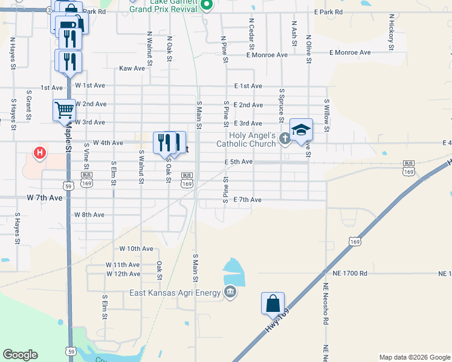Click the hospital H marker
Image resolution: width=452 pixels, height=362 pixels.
(40, 153)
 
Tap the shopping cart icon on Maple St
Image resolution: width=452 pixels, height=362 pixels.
(64, 110)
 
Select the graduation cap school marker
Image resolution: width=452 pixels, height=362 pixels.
(301, 129)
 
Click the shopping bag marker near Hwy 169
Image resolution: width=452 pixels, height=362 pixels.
(273, 303)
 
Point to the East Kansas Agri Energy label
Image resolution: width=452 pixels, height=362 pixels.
(175, 293)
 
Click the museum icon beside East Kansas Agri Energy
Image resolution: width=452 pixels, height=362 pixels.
(230, 293)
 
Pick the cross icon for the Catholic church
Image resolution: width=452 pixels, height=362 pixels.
(285, 140)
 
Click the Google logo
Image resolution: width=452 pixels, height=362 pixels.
(20, 355)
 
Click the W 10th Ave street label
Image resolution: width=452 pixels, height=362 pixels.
(137, 249)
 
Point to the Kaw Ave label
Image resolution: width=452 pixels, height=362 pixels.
(132, 68)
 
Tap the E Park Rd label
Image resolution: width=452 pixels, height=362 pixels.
(328, 12)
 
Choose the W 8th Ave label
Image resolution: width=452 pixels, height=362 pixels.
(89, 215)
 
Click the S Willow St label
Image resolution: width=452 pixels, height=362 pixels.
(326, 115)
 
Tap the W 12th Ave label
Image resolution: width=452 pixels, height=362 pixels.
(123, 274)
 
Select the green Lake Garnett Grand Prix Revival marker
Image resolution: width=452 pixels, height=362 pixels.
(207, 6)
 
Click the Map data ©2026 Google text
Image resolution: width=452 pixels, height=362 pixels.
(414, 357)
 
